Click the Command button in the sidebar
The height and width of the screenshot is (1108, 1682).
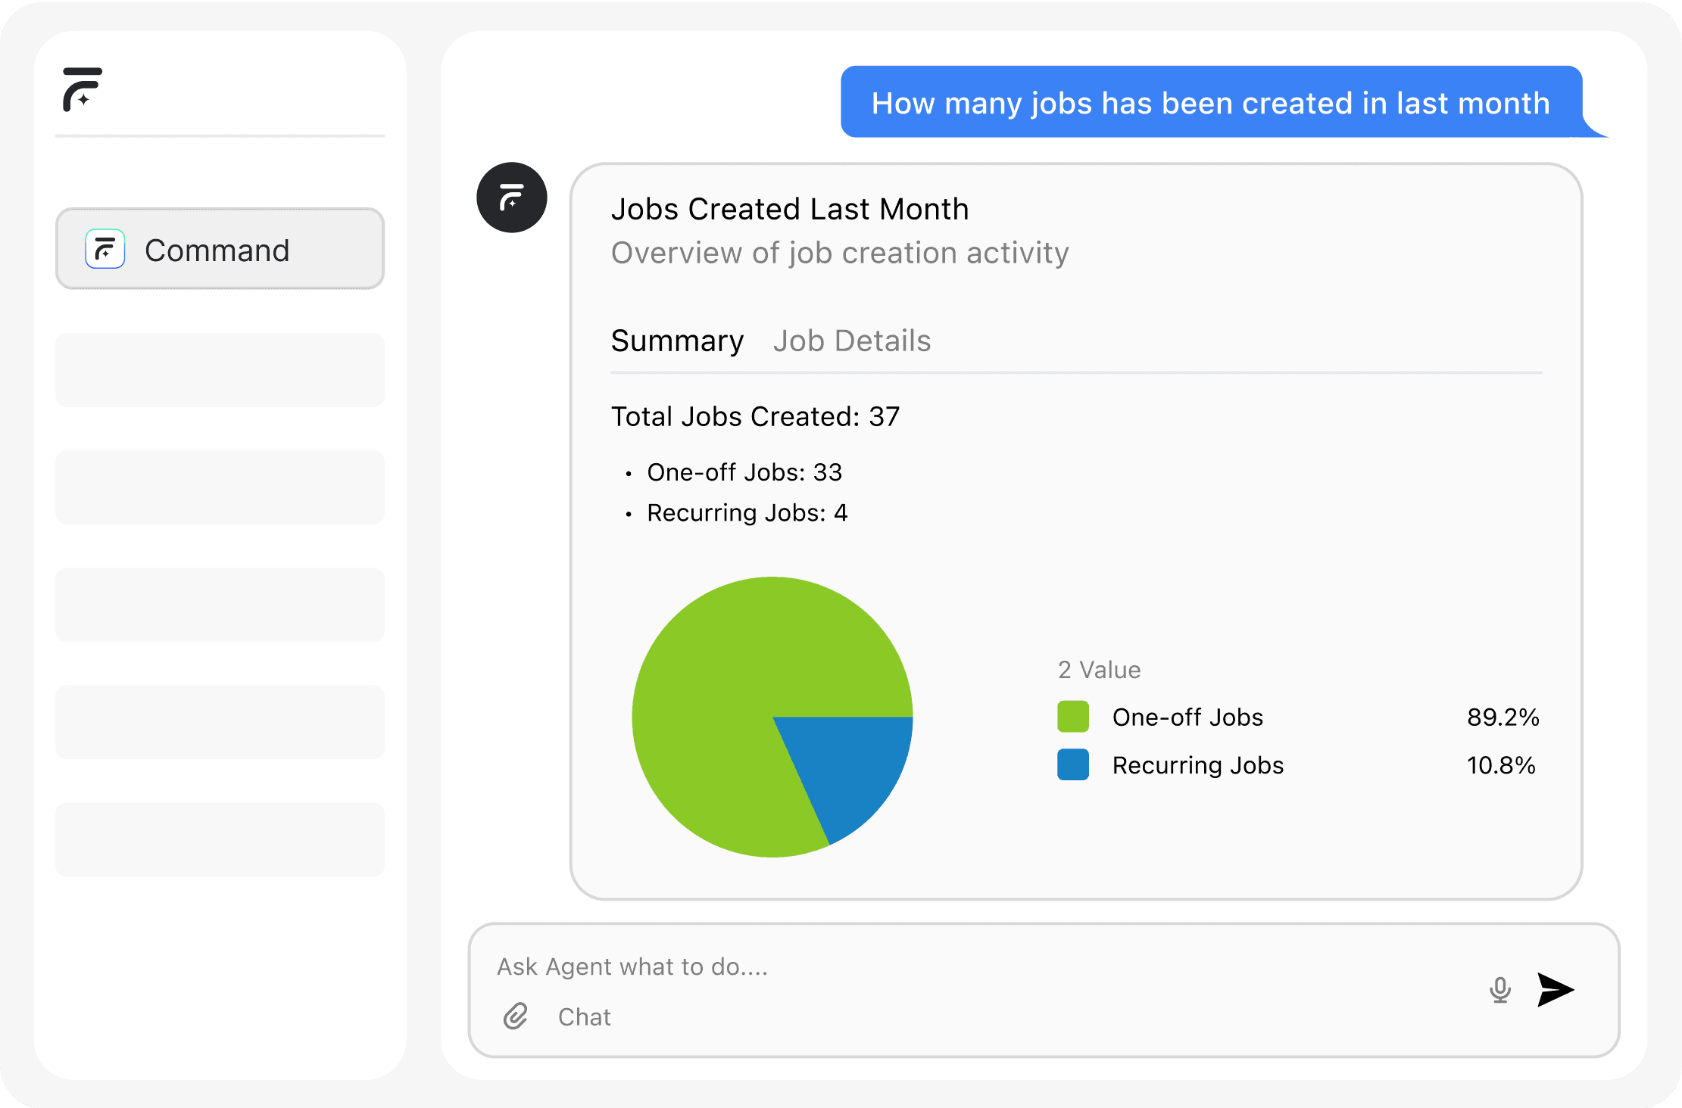pyautogui.click(x=220, y=249)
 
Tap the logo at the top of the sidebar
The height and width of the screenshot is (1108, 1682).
pyautogui.click(x=82, y=89)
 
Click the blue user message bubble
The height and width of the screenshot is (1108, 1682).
pyautogui.click(x=1211, y=102)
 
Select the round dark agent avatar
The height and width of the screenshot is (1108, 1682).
pyautogui.click(x=512, y=198)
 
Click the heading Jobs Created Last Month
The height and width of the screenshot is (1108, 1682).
pyautogui.click(x=790, y=209)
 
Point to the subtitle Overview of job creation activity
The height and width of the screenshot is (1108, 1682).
pyautogui.click(x=840, y=253)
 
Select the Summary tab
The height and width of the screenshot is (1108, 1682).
pyautogui.click(x=677, y=341)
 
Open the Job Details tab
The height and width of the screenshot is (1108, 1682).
pyautogui.click(x=852, y=341)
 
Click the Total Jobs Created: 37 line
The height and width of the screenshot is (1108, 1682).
pyautogui.click(x=755, y=416)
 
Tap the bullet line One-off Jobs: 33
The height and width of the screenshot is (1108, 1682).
pyautogui.click(x=744, y=472)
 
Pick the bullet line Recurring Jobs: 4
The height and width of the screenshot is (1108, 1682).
pyautogui.click(x=747, y=513)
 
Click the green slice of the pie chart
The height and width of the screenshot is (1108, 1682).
pyautogui.click(x=727, y=681)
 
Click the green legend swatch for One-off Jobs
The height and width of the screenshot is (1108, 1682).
pyautogui.click(x=1073, y=717)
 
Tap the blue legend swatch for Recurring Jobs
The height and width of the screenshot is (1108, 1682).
pyautogui.click(x=1073, y=764)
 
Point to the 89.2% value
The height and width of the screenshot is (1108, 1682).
pyautogui.click(x=1503, y=717)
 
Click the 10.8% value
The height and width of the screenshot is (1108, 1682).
pyautogui.click(x=1501, y=765)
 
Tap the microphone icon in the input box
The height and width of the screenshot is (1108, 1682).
pyautogui.click(x=1499, y=990)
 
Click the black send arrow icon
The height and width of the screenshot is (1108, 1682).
pyautogui.click(x=1556, y=990)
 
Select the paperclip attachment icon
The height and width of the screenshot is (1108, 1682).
pyautogui.click(x=516, y=1016)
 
